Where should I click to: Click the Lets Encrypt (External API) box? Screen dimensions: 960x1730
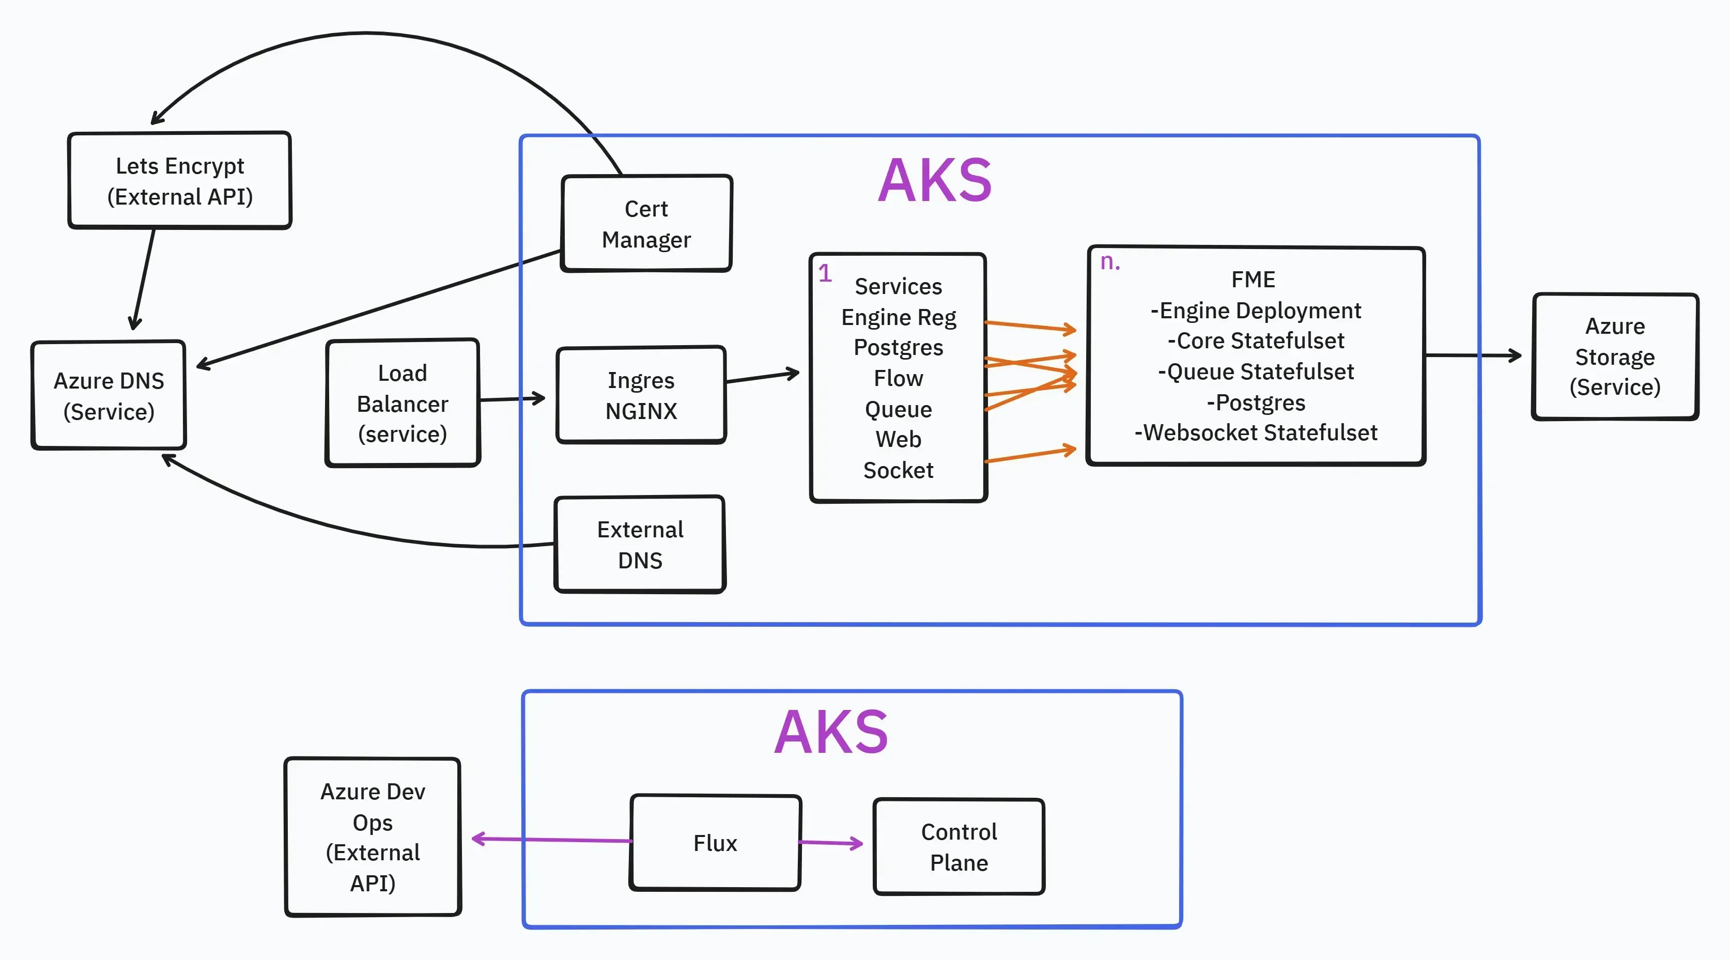[x=179, y=181]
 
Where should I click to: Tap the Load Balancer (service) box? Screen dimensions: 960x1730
[x=403, y=403]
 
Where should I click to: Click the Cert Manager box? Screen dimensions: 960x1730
[x=646, y=224]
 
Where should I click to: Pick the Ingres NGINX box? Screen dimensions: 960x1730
[x=641, y=395]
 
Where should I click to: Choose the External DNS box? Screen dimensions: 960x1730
[x=640, y=545]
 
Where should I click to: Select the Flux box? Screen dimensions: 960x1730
[x=715, y=843]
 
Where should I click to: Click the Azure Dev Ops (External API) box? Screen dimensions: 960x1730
[x=373, y=837]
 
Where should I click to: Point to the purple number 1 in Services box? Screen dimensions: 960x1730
[x=825, y=273]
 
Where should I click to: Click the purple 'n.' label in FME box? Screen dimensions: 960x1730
[x=1109, y=262]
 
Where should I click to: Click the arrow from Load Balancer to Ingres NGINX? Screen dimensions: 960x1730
[x=512, y=399]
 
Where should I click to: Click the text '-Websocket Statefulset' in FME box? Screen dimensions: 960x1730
[x=1255, y=432]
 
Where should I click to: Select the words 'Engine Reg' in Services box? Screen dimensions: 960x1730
[x=899, y=317]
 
